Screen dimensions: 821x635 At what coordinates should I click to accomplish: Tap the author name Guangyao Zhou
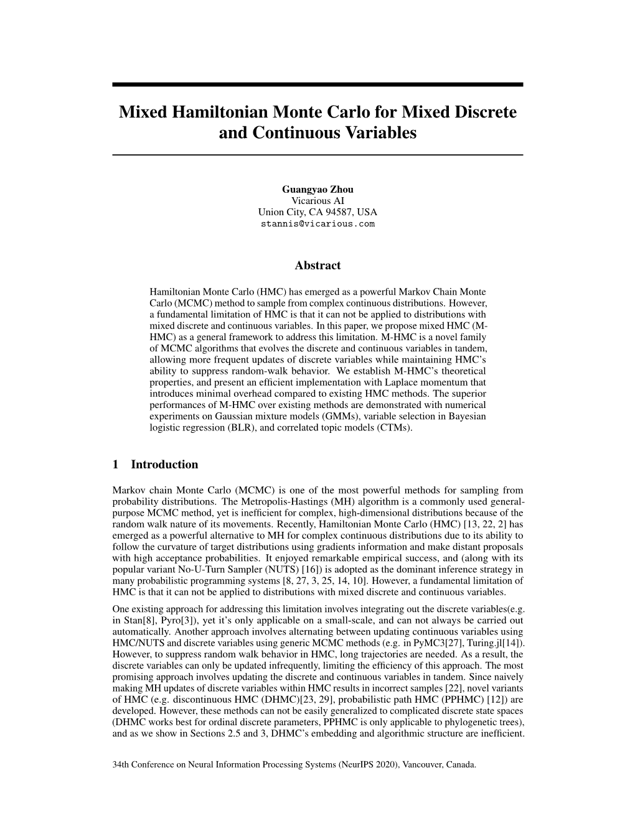(317, 189)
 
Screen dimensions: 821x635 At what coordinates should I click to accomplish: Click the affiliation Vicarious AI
(317, 200)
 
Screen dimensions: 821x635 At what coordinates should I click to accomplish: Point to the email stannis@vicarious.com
(317, 223)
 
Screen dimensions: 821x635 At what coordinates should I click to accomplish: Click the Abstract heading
(317, 266)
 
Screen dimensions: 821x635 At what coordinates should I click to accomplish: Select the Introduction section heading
(164, 465)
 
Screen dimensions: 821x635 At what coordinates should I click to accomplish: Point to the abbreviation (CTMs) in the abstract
(393, 427)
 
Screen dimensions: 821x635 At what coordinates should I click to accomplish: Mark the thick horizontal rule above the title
(317, 85)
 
